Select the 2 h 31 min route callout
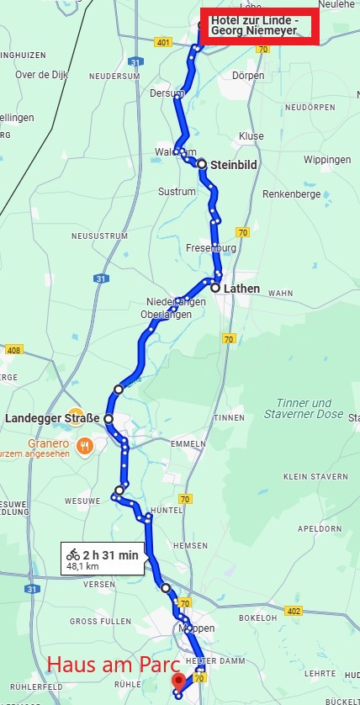[103, 559]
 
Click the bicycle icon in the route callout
[73, 554]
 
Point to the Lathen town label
[241, 288]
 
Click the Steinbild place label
[233, 164]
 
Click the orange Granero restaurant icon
[84, 445]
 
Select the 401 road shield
[163, 41]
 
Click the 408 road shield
[12, 349]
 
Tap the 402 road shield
[293, 611]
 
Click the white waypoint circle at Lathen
[215, 288]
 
